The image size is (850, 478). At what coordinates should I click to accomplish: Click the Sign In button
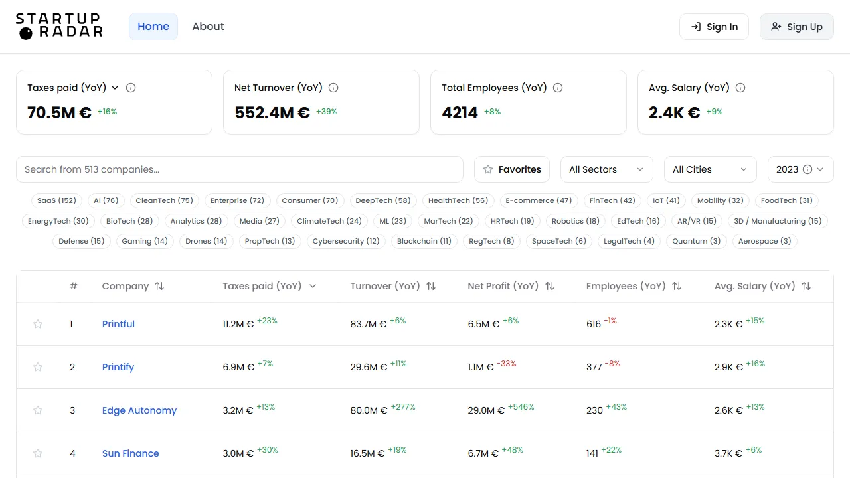click(714, 27)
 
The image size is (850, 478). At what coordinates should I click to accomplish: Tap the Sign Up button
click(796, 27)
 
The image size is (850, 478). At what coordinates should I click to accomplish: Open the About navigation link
click(208, 27)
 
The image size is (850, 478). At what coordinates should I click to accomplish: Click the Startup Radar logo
click(59, 26)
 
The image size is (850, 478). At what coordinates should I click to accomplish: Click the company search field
click(239, 169)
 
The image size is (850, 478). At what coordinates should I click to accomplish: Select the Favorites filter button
click(512, 169)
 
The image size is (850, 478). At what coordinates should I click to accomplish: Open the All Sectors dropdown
click(606, 169)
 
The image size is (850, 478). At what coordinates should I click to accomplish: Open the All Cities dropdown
click(710, 169)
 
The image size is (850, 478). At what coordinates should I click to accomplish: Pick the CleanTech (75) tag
click(164, 200)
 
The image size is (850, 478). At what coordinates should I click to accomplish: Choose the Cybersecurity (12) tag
click(346, 241)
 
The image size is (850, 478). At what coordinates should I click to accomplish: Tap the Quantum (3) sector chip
click(696, 241)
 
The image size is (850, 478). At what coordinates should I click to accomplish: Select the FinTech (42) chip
click(612, 200)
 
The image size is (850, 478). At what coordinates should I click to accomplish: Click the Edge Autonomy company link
click(139, 410)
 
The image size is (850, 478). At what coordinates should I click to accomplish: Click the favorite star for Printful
click(38, 324)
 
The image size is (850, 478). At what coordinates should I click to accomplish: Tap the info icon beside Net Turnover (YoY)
click(333, 88)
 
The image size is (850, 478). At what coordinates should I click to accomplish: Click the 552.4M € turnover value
click(272, 113)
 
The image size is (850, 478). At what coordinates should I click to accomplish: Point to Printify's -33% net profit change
click(507, 364)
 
